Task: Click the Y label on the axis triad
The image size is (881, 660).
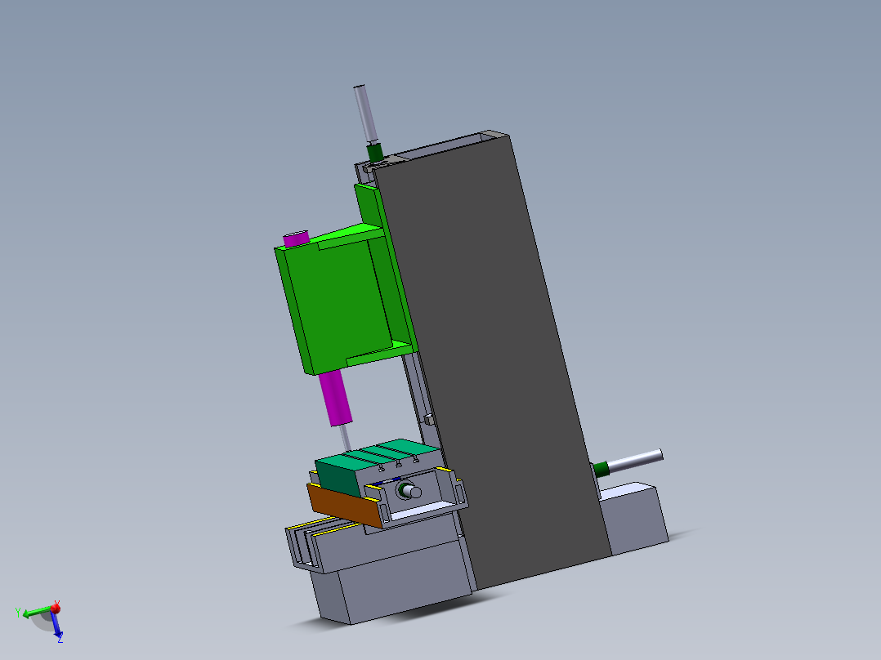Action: (x=18, y=612)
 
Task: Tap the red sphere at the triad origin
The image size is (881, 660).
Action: (x=56, y=608)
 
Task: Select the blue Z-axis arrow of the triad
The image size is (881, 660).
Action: (x=57, y=626)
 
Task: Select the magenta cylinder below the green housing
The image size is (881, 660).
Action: (x=336, y=398)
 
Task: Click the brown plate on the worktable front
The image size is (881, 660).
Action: (x=344, y=504)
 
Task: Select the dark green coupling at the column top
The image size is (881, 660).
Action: (x=375, y=152)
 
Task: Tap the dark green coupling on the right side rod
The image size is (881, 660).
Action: (x=601, y=468)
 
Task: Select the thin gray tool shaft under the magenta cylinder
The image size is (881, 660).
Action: (x=345, y=438)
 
